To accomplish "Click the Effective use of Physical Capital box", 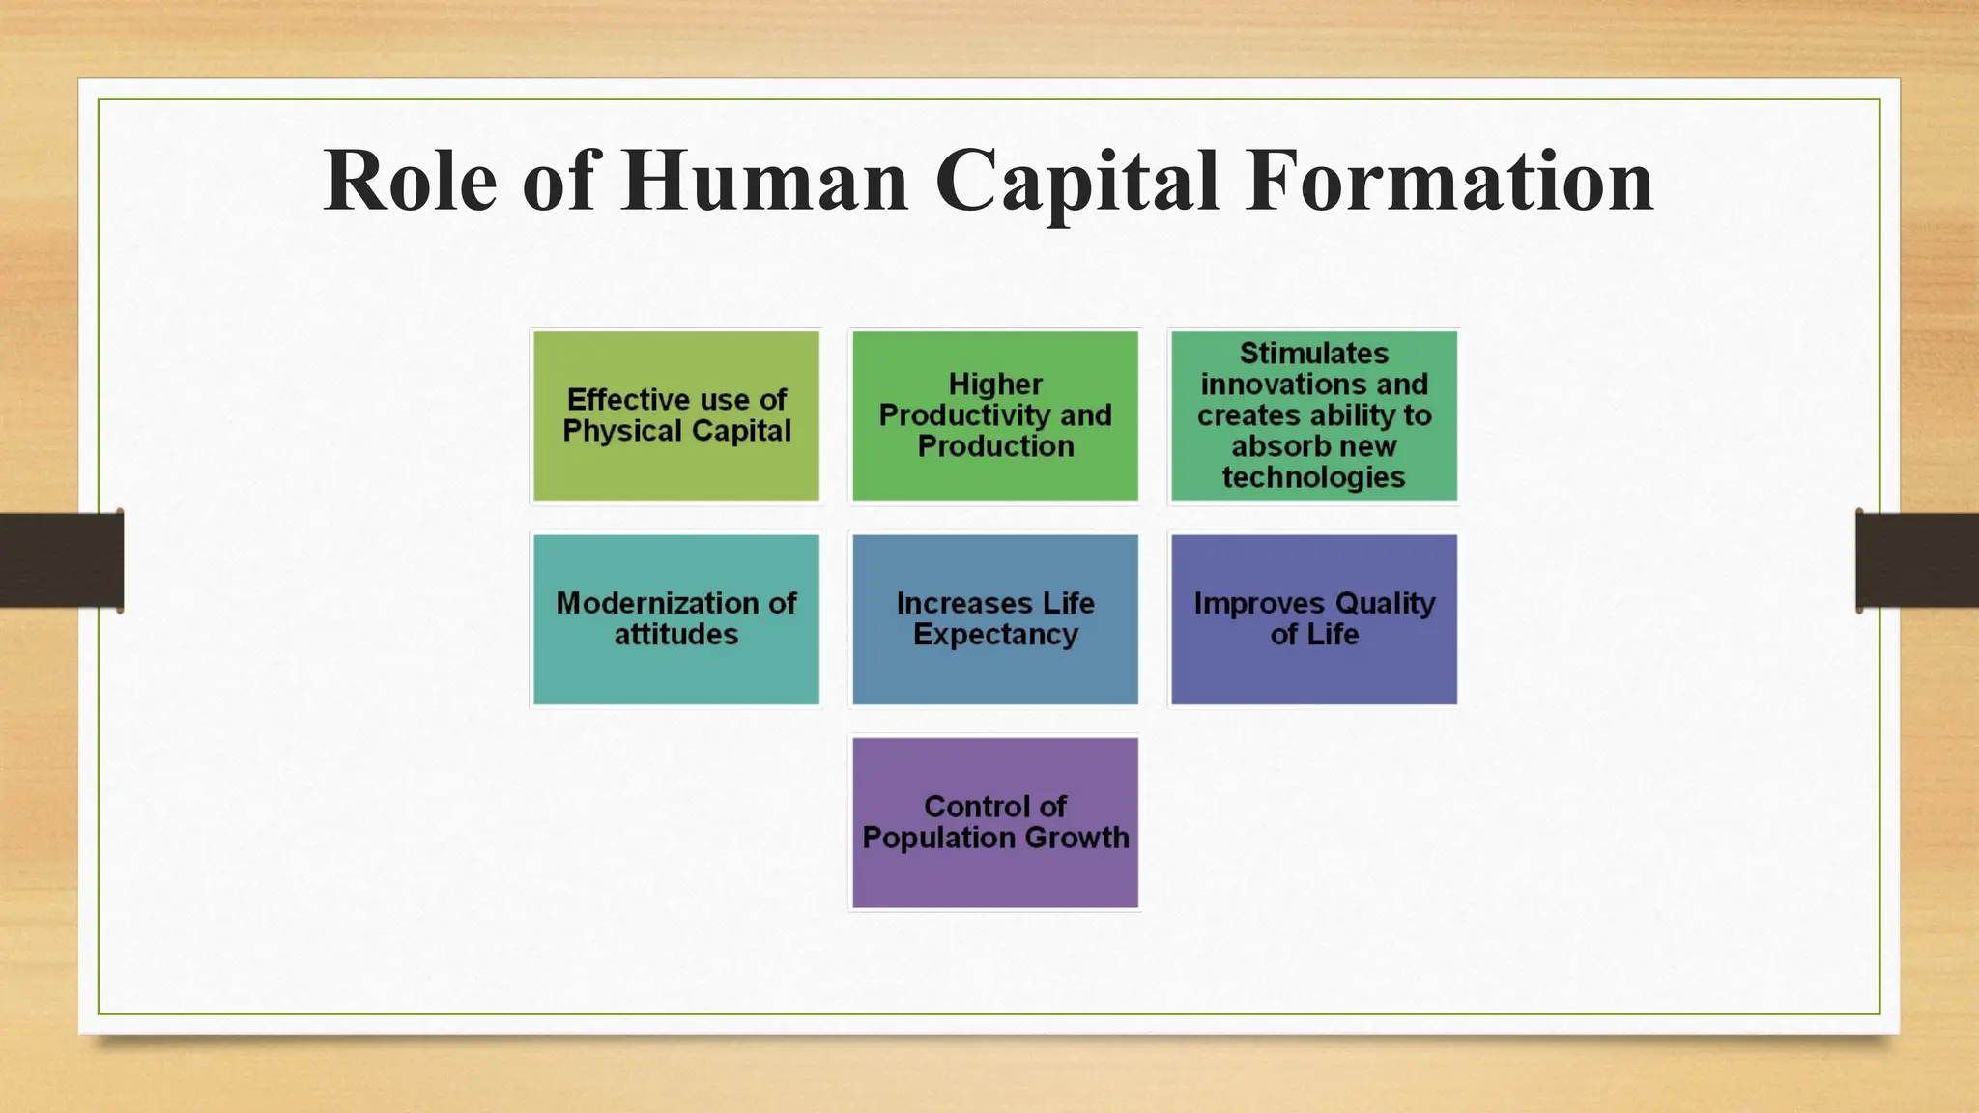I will click(x=676, y=416).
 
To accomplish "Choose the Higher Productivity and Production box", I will click(x=995, y=416).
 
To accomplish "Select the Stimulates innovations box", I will click(x=1314, y=416).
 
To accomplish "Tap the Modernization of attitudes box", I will click(x=676, y=619).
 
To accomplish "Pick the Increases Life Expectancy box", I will click(x=995, y=619).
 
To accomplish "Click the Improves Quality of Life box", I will click(x=1314, y=619).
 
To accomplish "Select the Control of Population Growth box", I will click(x=995, y=822).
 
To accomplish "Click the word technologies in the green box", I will click(x=1313, y=477).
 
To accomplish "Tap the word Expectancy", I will click(x=995, y=636).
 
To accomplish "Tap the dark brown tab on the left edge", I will click(x=61, y=560).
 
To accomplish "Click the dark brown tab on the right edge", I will click(x=1917, y=560).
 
